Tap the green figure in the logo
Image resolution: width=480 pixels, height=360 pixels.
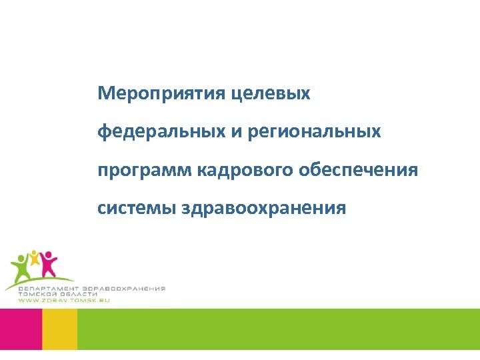coord(21,267)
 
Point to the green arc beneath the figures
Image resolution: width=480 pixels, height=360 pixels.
coord(40,280)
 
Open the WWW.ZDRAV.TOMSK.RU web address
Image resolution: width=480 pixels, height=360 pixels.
coord(63,301)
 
